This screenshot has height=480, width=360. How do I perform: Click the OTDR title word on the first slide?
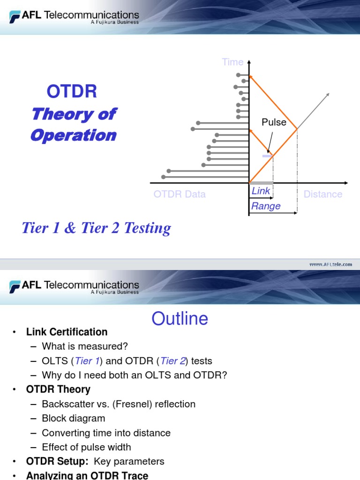[72, 91]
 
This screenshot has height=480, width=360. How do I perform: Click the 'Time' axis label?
[232, 62]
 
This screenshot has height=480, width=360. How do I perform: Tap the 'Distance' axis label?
[323, 194]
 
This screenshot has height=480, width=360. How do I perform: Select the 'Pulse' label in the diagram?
[274, 122]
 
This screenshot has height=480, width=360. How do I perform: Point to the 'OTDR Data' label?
[180, 194]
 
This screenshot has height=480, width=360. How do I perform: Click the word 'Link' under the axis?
[261, 191]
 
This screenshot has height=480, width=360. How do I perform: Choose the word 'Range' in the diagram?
[266, 206]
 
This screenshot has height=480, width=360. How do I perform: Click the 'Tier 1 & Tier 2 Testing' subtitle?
[97, 228]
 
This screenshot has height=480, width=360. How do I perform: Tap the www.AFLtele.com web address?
[330, 264]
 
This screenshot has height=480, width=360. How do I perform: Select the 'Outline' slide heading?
[180, 319]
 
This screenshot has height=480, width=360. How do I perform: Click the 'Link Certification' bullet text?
[67, 332]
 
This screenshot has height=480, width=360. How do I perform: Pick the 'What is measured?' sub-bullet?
[85, 346]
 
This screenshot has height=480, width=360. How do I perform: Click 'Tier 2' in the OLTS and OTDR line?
[172, 361]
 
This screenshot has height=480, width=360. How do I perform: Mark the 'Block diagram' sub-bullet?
[74, 418]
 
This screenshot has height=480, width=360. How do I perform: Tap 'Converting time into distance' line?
[106, 433]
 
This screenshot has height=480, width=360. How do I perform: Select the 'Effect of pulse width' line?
[86, 447]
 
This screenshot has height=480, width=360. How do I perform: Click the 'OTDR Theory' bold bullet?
[59, 390]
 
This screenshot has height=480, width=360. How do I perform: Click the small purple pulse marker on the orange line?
[267, 156]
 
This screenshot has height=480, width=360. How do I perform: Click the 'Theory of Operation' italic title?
[74, 125]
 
